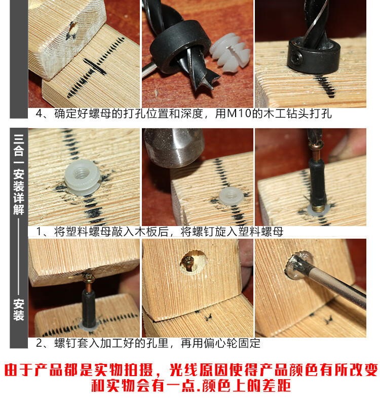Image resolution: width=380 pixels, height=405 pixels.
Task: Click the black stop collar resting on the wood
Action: (x=313, y=55)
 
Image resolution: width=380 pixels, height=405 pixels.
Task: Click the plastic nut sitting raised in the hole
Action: (x=83, y=177)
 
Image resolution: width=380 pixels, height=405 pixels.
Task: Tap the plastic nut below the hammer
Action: (x=231, y=196)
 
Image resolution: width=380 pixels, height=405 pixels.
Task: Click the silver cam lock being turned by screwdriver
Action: (x=299, y=266)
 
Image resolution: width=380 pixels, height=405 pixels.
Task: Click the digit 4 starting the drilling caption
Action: (x=39, y=114)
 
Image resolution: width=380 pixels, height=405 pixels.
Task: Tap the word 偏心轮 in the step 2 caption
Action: (x=220, y=343)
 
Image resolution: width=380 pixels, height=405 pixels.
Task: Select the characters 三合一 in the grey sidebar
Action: (x=19, y=149)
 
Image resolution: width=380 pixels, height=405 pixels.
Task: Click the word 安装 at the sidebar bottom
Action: (x=19, y=310)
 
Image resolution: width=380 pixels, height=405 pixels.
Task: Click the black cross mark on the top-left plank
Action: (x=95, y=66)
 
